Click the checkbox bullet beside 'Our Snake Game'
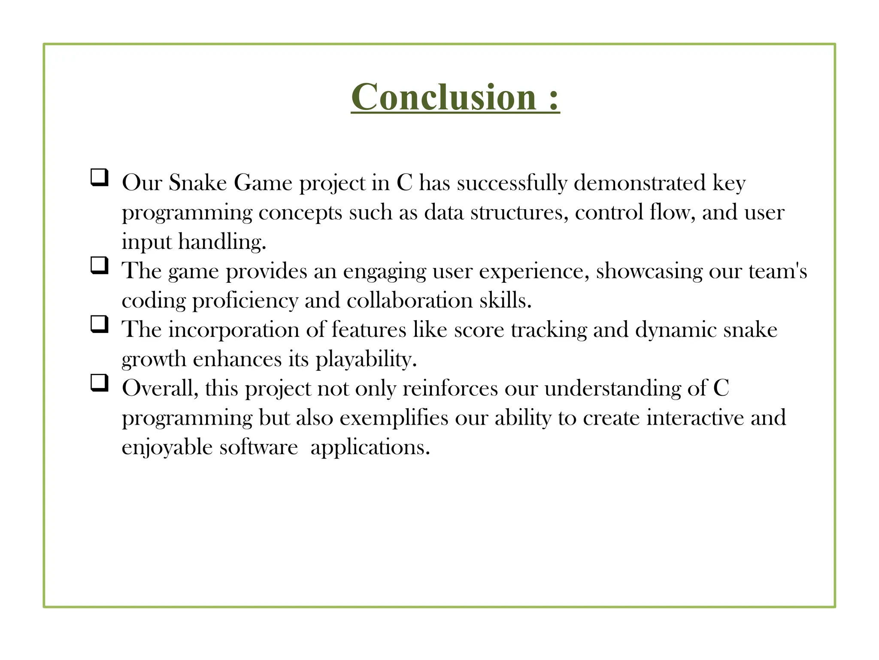point(99,177)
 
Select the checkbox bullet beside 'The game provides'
point(99,266)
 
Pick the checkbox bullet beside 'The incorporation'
point(99,324)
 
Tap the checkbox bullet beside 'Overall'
point(99,383)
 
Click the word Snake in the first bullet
point(197,183)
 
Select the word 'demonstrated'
point(640,183)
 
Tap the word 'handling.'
point(222,241)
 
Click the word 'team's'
point(778,271)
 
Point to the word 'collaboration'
point(409,300)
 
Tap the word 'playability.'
point(366,359)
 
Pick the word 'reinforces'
point(450,388)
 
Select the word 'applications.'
point(370,448)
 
